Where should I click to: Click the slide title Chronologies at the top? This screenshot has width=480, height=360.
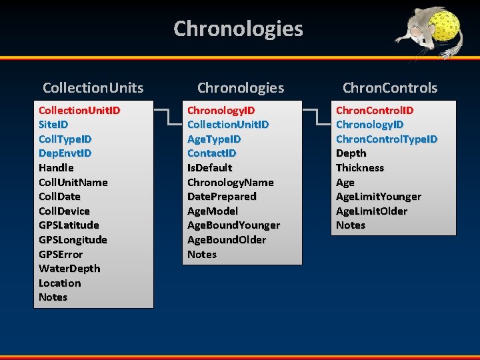(238, 29)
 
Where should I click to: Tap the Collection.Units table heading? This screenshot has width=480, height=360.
(93, 87)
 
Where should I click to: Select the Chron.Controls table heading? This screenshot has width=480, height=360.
(390, 87)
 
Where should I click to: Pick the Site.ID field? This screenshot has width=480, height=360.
(53, 124)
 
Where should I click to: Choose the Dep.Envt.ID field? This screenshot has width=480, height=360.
(65, 153)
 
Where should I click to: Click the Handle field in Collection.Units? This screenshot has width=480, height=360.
(56, 167)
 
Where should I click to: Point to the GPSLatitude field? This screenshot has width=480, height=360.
(69, 225)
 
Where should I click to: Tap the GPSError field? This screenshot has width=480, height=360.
(61, 254)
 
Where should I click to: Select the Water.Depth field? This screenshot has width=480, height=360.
(69, 269)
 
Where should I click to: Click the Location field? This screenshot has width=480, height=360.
(59, 283)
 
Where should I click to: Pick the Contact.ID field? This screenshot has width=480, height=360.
(211, 153)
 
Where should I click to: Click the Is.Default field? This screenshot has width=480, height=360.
(209, 167)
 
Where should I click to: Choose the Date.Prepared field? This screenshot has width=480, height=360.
(221, 197)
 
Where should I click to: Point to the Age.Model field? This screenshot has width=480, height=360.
(213, 211)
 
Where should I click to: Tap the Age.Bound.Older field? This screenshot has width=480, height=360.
(227, 240)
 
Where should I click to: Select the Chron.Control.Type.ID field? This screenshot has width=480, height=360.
(387, 139)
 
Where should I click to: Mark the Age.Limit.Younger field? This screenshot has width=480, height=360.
(379, 197)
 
